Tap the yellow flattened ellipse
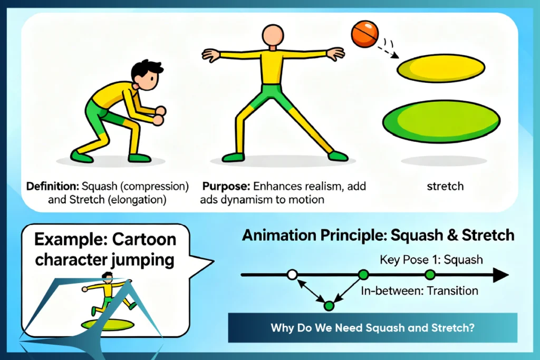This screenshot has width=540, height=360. point(441,69)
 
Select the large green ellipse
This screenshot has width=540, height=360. point(441,119)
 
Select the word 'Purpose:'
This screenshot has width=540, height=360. point(226,187)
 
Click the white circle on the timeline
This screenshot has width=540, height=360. point(293,274)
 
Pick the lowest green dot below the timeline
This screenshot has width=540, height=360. point(329,305)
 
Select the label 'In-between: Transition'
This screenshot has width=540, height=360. point(420,290)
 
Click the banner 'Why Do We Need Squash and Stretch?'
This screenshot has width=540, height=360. point(373,327)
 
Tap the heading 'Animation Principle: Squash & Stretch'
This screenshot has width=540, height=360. point(378,235)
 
